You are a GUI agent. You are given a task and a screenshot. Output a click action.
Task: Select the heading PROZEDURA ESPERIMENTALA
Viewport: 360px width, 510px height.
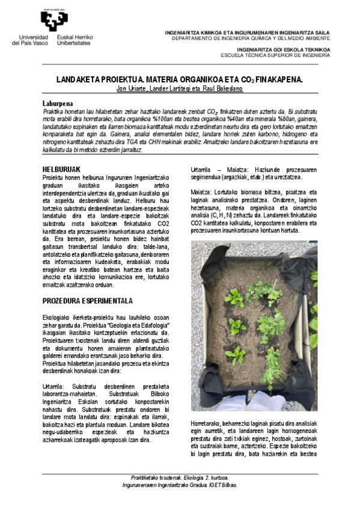click(x=88, y=300)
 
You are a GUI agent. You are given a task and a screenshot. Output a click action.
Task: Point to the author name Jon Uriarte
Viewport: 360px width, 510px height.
click(x=130, y=89)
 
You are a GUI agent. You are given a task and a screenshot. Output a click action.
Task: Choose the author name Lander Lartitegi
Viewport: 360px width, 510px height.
click(x=174, y=89)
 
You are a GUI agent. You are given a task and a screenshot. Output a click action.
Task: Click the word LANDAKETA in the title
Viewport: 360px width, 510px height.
click(x=79, y=79)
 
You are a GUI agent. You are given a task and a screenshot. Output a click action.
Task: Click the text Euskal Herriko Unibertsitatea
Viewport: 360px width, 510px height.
click(x=74, y=40)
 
